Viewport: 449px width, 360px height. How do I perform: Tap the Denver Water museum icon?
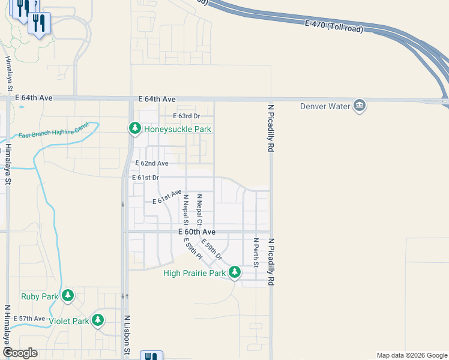click(x=360, y=106)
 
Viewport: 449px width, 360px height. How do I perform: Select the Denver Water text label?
click(x=325, y=107)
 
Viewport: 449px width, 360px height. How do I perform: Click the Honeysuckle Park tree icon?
click(x=135, y=128)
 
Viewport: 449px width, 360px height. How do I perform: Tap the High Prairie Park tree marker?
click(x=234, y=274)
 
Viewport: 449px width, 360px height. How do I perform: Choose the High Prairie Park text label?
click(x=195, y=274)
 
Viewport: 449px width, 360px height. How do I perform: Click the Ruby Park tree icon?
click(x=68, y=296)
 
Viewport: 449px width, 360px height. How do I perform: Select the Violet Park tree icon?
click(x=98, y=320)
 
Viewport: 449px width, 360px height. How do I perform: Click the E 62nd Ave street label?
click(x=152, y=163)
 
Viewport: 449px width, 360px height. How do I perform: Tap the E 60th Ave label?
click(x=197, y=232)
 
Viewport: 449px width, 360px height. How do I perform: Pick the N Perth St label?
click(x=256, y=253)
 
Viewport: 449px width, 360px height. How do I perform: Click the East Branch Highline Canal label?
click(x=53, y=130)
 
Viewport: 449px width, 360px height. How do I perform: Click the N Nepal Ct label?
click(x=199, y=209)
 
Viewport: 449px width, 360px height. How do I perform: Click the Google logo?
click(x=19, y=353)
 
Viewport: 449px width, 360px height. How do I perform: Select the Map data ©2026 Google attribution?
click(x=412, y=355)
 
